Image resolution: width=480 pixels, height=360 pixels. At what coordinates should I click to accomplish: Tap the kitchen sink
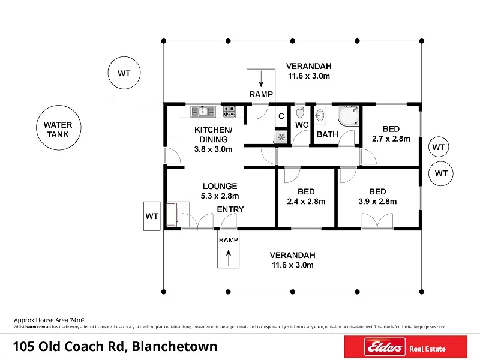tap(203, 112)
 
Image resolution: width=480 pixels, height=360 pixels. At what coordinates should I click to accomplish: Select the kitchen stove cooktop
tap(229, 112)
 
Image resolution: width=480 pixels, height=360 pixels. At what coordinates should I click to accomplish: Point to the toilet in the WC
tap(301, 112)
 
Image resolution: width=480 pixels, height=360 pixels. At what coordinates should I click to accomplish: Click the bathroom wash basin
tap(320, 115)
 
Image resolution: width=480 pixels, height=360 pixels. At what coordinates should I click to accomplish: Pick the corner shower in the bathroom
tap(349, 115)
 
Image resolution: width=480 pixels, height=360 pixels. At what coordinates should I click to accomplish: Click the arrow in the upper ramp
tap(261, 79)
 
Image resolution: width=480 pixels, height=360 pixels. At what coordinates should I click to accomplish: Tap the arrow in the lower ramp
tap(229, 258)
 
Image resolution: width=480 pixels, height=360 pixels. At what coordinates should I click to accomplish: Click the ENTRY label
tap(230, 209)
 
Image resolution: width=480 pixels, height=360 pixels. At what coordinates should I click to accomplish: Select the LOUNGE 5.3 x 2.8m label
tap(220, 191)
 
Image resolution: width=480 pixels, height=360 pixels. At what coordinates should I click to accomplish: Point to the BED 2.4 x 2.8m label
tap(306, 197)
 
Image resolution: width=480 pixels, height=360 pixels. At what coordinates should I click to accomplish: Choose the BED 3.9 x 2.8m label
tap(377, 197)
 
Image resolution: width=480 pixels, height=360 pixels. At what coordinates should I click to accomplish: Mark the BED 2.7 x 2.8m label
tap(391, 134)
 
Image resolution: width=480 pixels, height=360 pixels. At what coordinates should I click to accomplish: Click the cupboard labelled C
tap(281, 116)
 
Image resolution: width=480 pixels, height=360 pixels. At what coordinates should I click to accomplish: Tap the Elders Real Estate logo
tap(406, 347)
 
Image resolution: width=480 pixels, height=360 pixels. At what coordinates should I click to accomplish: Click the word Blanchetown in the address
tap(175, 347)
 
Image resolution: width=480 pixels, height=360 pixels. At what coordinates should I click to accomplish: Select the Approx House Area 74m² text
tap(49, 320)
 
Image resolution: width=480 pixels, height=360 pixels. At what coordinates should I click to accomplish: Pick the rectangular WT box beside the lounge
tap(152, 216)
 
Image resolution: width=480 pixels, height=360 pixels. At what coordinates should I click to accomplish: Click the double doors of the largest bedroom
tap(377, 221)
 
